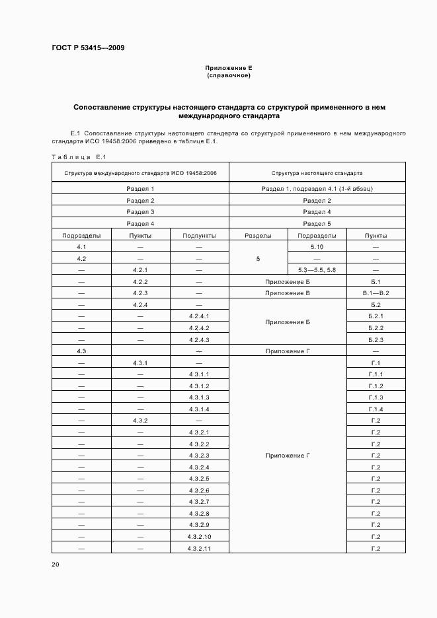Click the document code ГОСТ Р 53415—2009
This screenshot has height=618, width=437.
(88, 48)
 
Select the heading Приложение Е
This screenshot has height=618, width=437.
(229, 68)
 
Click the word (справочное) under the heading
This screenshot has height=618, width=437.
(229, 75)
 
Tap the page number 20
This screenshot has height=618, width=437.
(55, 565)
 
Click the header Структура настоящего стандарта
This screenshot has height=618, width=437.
(317, 174)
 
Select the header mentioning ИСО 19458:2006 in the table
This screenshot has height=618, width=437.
(140, 174)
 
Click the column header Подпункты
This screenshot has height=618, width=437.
(199, 235)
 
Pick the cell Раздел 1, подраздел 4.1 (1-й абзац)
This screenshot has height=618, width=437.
(317, 189)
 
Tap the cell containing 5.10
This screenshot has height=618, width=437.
(317, 247)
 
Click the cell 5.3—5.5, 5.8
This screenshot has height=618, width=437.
(317, 270)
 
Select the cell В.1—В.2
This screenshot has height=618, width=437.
(376, 293)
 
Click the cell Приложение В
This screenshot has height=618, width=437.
(287, 293)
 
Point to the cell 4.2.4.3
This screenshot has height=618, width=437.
(199, 339)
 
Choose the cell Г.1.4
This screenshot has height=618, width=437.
(376, 409)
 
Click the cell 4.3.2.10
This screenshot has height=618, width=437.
(199, 537)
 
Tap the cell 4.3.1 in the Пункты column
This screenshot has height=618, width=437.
(140, 363)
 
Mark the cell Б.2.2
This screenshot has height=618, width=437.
(376, 328)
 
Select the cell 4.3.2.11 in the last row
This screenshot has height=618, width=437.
(199, 549)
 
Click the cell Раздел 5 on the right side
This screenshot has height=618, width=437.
(317, 224)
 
